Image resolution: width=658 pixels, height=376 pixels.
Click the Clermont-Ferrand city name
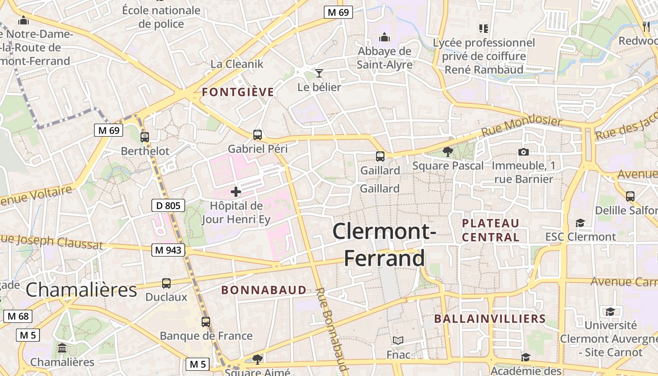point(384,244)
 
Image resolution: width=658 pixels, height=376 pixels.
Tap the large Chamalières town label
point(81,290)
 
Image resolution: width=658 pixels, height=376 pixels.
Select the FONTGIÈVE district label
point(238,92)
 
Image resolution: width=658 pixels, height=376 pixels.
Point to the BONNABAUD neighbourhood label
point(264,290)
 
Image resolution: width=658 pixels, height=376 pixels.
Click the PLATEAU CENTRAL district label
point(491,230)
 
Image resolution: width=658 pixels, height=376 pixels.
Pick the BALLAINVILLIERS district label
point(490,319)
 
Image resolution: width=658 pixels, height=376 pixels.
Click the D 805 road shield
point(168,205)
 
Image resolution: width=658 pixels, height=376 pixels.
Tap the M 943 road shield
point(168,250)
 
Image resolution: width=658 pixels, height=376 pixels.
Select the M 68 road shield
point(18,316)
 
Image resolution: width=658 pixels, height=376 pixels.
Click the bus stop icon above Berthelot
point(145,137)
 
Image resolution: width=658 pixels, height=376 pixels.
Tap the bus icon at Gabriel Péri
point(258,135)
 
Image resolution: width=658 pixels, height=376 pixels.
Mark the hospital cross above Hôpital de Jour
point(236,192)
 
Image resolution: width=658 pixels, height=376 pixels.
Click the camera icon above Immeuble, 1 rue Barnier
point(523,152)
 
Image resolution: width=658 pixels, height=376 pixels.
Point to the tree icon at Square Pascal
point(448,151)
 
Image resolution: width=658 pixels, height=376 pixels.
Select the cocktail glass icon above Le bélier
point(320,73)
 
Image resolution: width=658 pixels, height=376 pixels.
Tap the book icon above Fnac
point(398,340)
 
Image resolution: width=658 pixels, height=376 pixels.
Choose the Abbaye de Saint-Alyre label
point(384,58)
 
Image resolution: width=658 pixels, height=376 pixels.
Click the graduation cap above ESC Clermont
point(580,223)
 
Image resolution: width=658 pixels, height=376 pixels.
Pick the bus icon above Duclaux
point(166,283)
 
